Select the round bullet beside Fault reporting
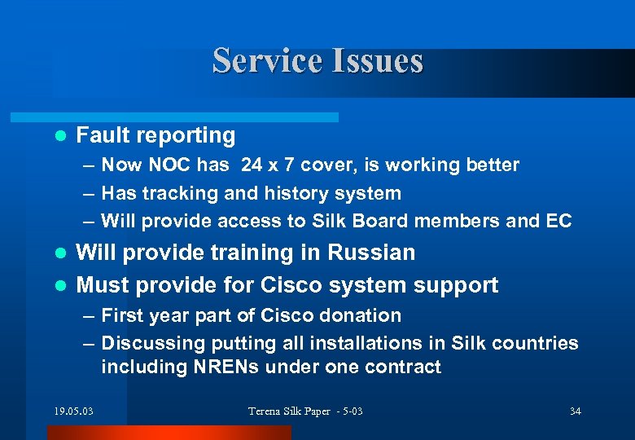[58, 136]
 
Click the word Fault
[101, 135]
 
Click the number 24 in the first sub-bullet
[252, 165]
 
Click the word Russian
[371, 253]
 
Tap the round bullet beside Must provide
[58, 286]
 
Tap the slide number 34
[575, 411]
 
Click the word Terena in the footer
[266, 411]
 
